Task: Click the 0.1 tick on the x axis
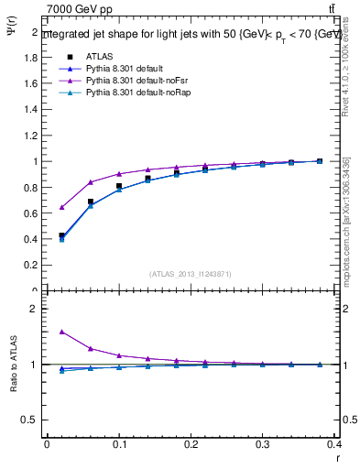tap(118, 445)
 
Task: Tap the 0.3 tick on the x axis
tap(263, 445)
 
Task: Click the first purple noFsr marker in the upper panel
tap(61, 207)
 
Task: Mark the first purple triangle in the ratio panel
tap(61, 332)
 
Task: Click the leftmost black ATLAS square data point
tap(61, 235)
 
